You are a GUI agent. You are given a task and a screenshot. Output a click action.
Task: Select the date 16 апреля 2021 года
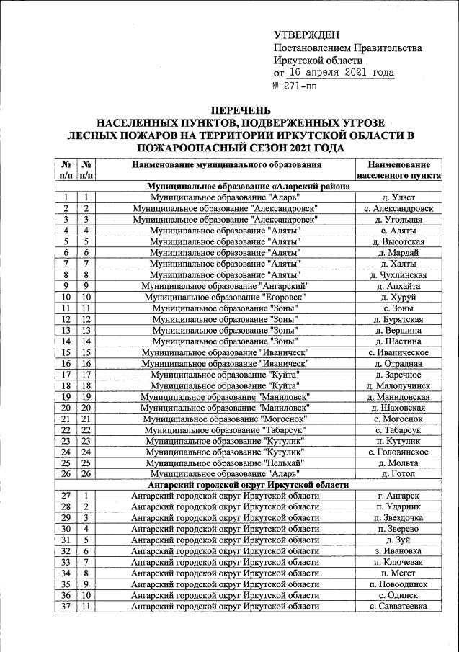pos(342,73)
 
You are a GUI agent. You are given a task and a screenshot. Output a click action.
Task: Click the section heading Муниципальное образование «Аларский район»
pos(249,186)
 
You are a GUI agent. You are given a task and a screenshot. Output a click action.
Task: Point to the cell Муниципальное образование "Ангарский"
pos(226,286)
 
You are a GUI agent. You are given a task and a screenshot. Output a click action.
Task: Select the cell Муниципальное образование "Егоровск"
pos(226,297)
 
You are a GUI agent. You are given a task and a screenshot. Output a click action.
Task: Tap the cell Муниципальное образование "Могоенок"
pos(226,419)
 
